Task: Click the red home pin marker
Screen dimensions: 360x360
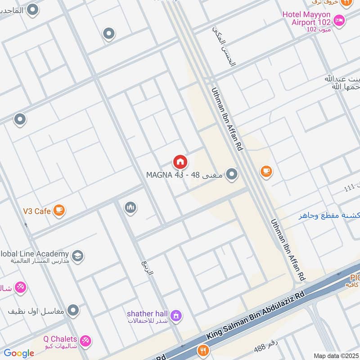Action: tap(180, 162)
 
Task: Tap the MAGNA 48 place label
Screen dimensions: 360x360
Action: tap(184, 175)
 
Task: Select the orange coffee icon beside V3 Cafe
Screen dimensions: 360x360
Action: tap(59, 210)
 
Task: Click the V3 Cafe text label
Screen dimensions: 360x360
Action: tap(37, 211)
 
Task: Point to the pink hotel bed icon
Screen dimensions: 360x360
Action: tap(339, 20)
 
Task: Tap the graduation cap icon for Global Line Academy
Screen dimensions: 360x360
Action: tap(77, 256)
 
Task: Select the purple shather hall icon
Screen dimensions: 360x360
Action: tap(176, 315)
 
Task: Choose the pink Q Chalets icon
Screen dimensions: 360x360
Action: tap(85, 341)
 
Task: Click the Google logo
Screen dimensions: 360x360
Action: tap(18, 353)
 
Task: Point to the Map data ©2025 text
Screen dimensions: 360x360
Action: tap(335, 355)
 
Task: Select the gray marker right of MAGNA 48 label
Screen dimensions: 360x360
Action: tap(232, 174)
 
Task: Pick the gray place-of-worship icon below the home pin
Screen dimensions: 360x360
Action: tap(130, 207)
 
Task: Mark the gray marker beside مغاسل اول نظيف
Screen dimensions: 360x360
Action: tap(73, 310)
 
